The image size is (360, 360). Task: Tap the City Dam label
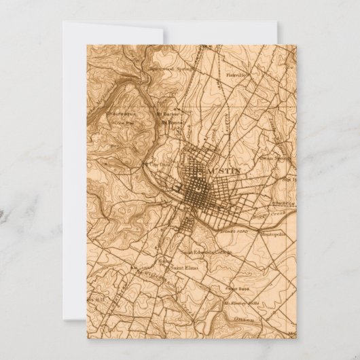(158, 164)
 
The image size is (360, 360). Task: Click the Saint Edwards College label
(205, 253)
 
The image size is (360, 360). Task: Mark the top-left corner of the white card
(62, 22)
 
